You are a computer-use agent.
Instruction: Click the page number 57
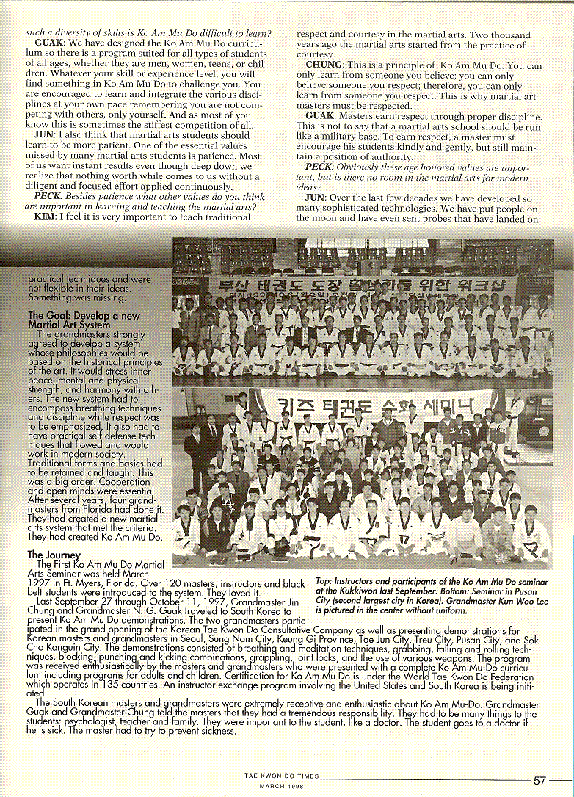(540, 780)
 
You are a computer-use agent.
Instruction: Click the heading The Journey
(50, 555)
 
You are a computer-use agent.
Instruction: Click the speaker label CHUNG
(324, 65)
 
